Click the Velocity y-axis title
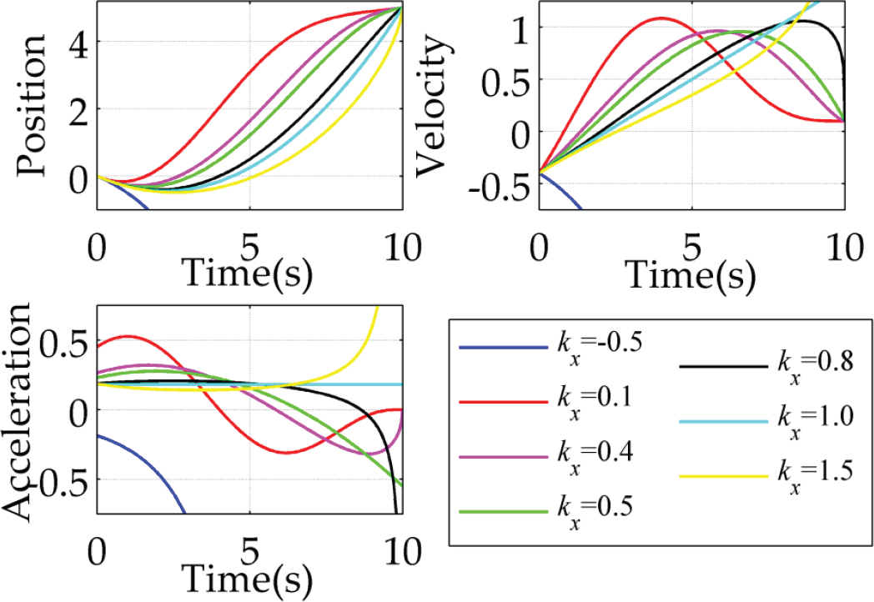(433, 105)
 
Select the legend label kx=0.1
(595, 403)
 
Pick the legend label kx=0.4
(595, 457)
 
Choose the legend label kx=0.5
(595, 511)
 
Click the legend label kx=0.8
(816, 368)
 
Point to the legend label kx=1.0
(816, 421)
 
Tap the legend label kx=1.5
(816, 476)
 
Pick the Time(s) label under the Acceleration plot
(247, 579)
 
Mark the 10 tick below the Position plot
(403, 248)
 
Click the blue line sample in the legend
(504, 349)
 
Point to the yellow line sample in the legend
(724, 477)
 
